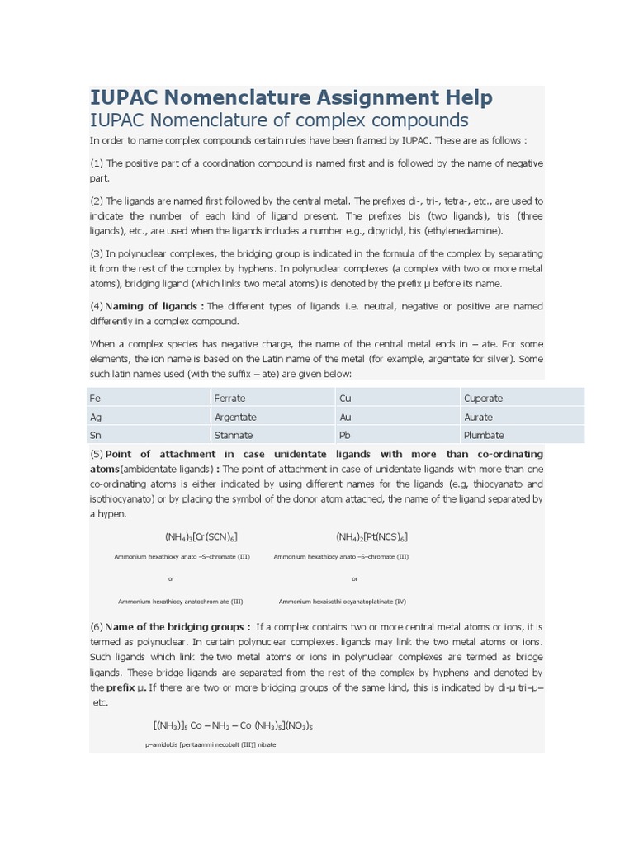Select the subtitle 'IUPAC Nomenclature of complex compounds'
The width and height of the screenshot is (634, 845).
tap(279, 120)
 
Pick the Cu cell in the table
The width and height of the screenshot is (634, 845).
tap(345, 398)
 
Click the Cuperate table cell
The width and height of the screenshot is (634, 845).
tap(483, 398)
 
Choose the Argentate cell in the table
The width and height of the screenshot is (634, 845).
tap(235, 417)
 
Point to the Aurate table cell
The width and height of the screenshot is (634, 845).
tap(478, 417)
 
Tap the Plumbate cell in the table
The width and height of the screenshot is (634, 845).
tap(484, 435)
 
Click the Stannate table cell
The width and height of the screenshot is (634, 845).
tap(234, 435)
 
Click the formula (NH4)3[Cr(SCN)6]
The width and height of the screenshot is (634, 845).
tap(201, 537)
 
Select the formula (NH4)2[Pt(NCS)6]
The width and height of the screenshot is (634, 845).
tap(371, 537)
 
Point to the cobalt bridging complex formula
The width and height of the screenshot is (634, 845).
tap(233, 726)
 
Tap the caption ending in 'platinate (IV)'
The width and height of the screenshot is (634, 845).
tap(343, 602)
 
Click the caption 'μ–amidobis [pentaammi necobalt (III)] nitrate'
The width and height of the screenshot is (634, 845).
tap(211, 744)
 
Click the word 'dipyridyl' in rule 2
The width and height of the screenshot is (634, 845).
tap(397, 231)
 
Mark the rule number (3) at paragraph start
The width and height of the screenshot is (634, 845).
tap(97, 253)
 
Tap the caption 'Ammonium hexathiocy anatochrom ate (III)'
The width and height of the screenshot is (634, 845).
tap(181, 602)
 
